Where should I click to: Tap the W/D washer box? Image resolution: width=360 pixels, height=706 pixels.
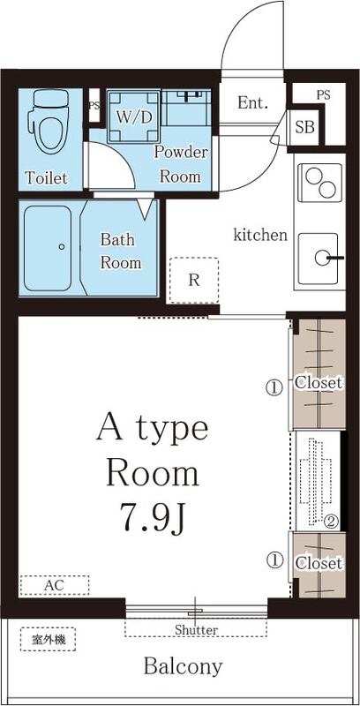click(x=134, y=116)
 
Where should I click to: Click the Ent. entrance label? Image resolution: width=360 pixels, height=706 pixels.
click(x=252, y=102)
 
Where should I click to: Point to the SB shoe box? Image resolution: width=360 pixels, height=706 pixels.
click(x=305, y=126)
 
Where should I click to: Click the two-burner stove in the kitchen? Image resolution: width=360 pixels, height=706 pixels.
click(x=319, y=184)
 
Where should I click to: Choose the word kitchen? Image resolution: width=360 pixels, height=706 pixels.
click(x=260, y=235)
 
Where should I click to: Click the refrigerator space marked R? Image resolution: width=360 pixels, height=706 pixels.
click(x=193, y=281)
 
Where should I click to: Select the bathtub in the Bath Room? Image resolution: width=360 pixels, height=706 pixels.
click(x=51, y=248)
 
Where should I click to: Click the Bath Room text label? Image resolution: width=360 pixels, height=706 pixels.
click(x=120, y=251)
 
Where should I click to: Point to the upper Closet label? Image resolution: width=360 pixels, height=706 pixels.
click(x=319, y=383)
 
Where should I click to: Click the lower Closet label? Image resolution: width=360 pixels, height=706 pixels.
click(x=319, y=562)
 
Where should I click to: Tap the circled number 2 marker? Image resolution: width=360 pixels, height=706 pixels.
click(x=330, y=520)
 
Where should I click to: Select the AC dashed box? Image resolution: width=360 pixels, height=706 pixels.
click(x=54, y=585)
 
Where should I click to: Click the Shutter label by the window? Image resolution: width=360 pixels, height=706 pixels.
click(x=196, y=629)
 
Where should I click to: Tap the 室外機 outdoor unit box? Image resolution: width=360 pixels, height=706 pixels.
click(x=42, y=638)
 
